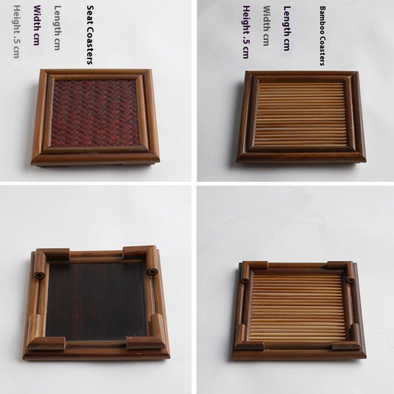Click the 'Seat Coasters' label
[90, 35]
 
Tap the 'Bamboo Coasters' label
[322, 36]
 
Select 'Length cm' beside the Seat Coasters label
[58, 28]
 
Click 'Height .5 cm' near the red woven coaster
[16, 32]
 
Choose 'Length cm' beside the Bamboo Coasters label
[287, 28]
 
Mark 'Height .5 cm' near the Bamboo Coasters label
[245, 32]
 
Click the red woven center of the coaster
[95, 113]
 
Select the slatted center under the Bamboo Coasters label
[301, 115]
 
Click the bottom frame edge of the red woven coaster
[95, 157]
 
